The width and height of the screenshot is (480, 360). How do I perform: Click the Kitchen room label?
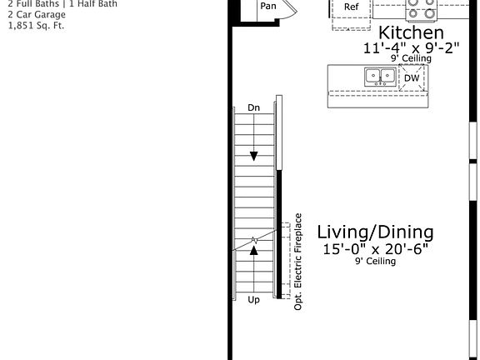click(x=406, y=32)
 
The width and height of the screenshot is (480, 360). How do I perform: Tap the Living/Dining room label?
click(x=375, y=232)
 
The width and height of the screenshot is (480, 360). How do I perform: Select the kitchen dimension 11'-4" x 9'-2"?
click(x=399, y=48)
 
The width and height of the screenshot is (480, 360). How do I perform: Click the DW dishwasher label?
click(x=412, y=77)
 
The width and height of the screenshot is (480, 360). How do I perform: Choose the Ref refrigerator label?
click(x=352, y=7)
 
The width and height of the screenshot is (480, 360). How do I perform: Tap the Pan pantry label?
click(x=267, y=6)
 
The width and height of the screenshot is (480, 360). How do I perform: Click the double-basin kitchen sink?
click(x=379, y=77)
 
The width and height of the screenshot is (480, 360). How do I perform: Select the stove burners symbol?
click(x=421, y=9)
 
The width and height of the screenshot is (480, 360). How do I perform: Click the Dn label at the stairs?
click(x=254, y=107)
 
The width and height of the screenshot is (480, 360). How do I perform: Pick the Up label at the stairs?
click(x=254, y=299)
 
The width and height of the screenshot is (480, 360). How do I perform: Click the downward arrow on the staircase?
click(x=254, y=155)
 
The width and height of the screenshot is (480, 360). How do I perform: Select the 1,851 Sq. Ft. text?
click(x=36, y=25)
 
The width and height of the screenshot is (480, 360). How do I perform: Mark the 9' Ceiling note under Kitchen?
click(x=411, y=60)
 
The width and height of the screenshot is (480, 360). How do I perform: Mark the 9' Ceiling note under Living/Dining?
click(x=375, y=261)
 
